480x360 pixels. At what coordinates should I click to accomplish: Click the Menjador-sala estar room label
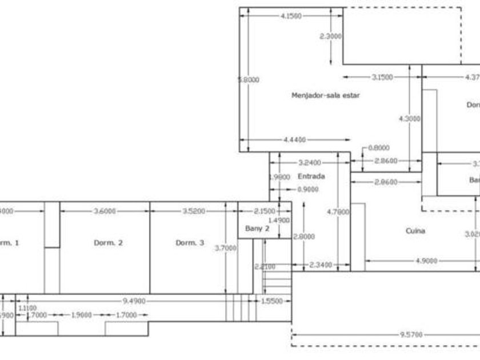(x=325, y=95)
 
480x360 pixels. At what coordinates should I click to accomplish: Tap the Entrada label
(x=311, y=177)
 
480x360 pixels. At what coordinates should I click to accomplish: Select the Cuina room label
(x=415, y=231)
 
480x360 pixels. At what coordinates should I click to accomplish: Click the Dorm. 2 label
(x=108, y=243)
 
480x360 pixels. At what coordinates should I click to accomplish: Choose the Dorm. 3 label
(x=189, y=243)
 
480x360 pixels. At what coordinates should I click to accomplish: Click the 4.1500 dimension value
(x=291, y=16)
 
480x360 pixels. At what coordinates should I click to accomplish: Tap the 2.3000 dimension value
(x=331, y=35)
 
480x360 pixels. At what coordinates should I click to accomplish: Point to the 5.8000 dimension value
(x=248, y=80)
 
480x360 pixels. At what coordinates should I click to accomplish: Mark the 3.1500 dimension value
(x=382, y=77)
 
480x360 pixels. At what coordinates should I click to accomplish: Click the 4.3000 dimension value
(x=409, y=118)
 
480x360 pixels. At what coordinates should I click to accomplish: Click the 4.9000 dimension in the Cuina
(x=426, y=261)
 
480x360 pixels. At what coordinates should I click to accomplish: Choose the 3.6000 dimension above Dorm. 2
(x=105, y=211)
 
